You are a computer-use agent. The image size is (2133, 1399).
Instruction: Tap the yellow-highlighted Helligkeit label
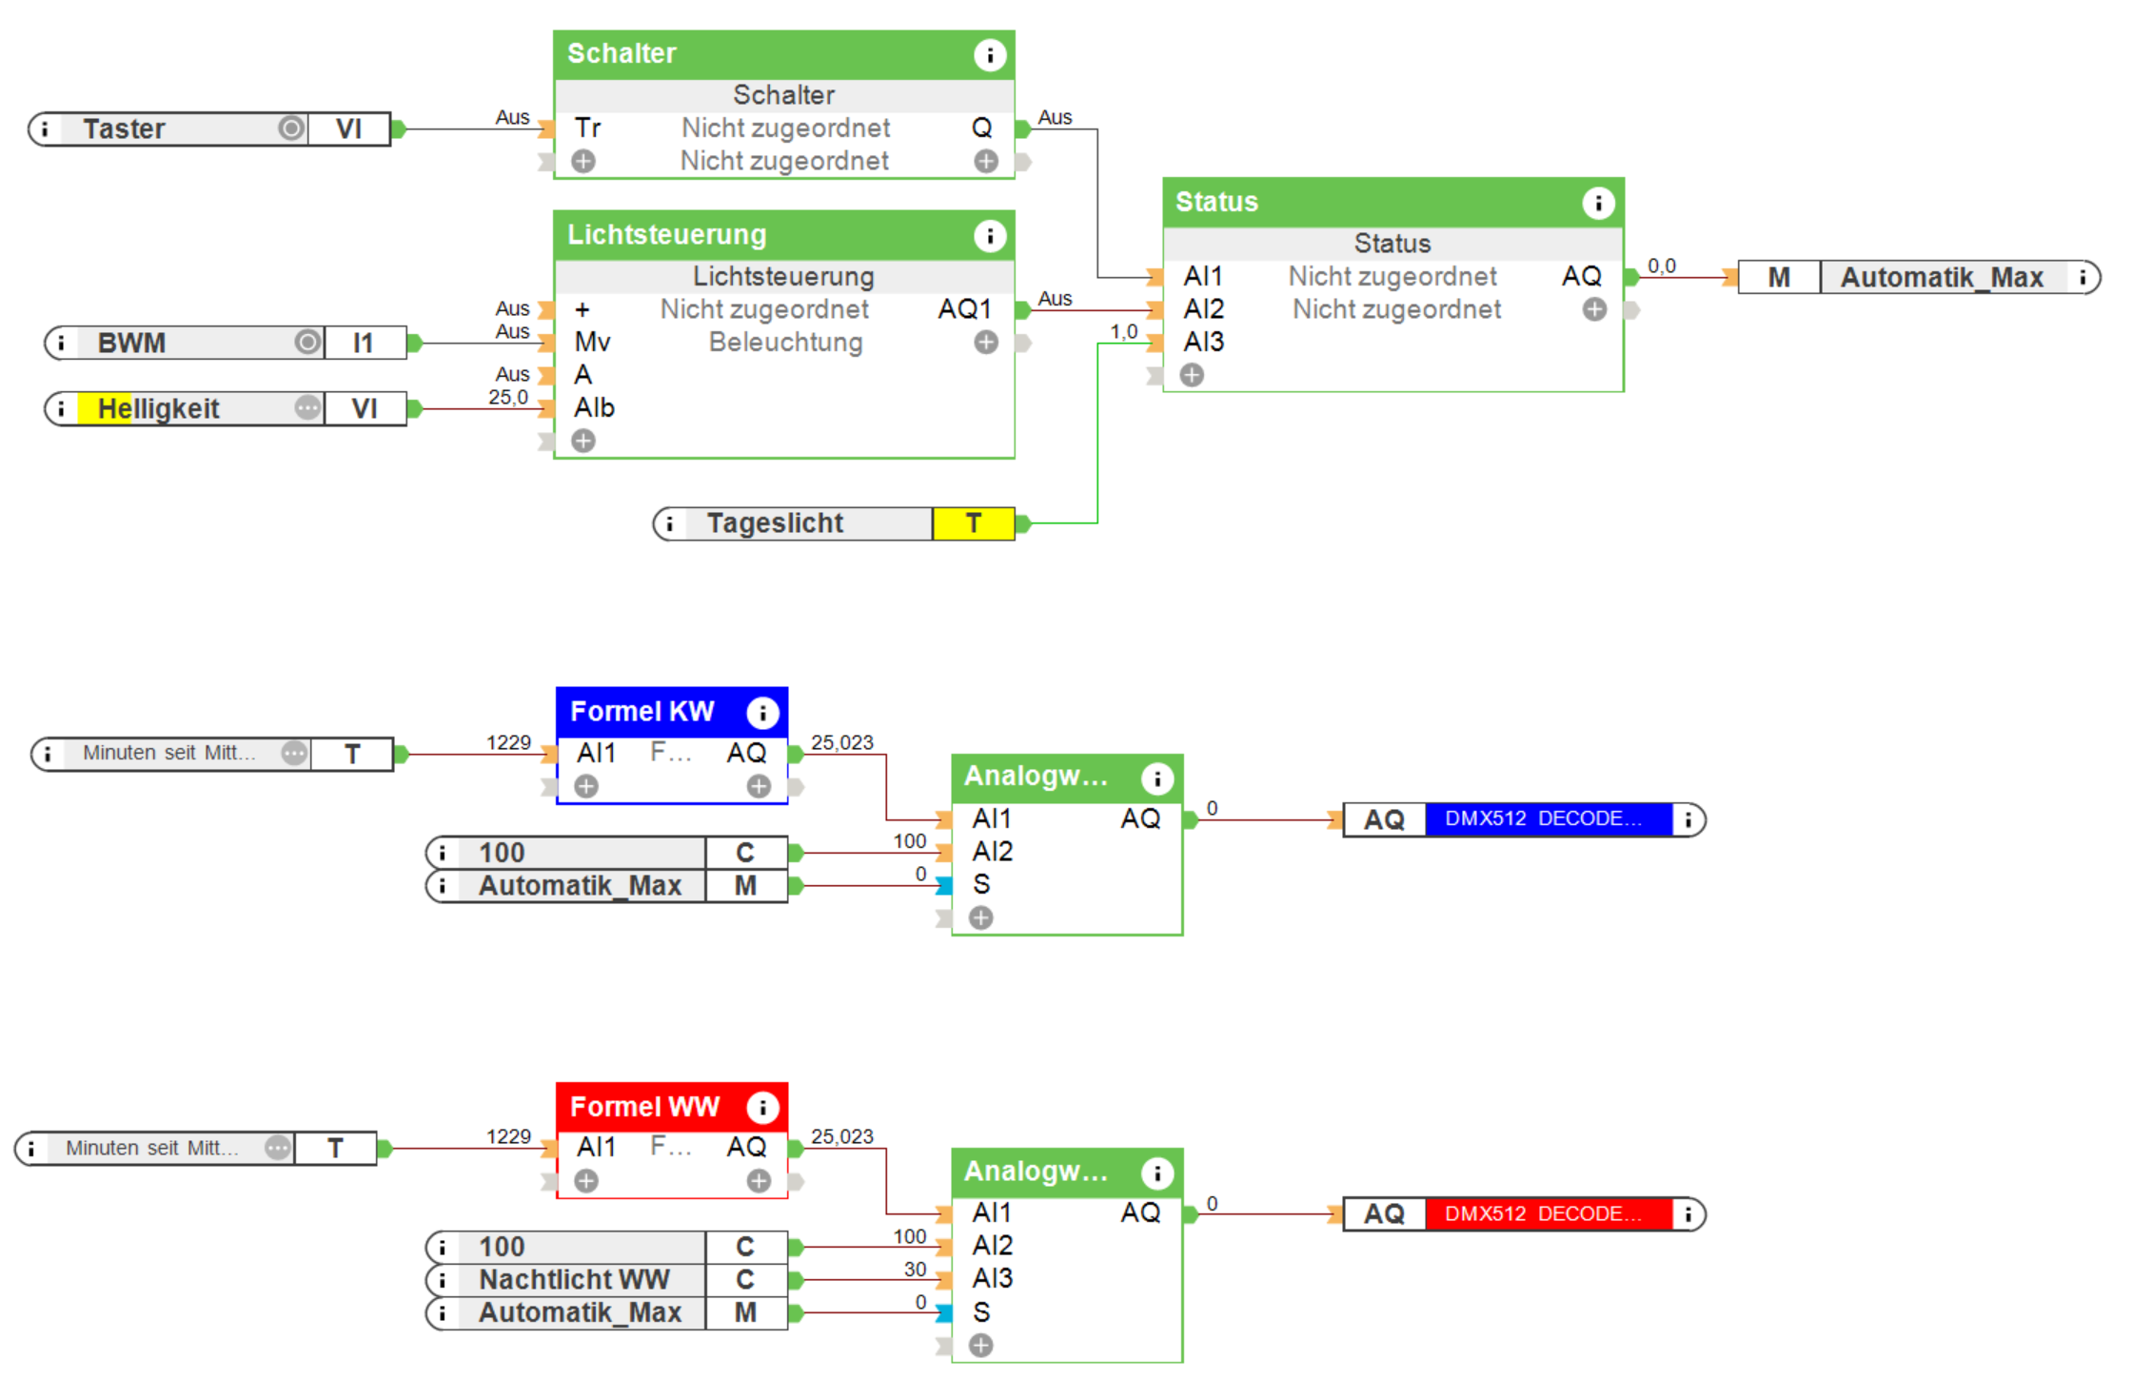coord(158,409)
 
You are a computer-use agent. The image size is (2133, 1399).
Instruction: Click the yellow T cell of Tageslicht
coord(973,523)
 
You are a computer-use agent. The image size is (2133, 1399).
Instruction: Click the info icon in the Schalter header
coord(990,55)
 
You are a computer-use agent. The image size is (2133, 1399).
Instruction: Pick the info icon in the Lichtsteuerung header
coord(990,235)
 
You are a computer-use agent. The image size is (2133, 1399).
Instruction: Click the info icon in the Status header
coord(1598,203)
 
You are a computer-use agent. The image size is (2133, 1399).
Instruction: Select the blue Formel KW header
coord(642,712)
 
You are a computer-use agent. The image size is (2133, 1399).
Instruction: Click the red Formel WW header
coord(644,1107)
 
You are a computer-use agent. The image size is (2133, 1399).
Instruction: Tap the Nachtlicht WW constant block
coord(574,1280)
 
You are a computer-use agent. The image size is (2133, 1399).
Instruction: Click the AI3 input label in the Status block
coord(1204,342)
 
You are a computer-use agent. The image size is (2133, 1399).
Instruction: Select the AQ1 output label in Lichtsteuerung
coord(964,309)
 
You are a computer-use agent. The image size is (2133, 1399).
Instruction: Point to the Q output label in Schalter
coord(981,128)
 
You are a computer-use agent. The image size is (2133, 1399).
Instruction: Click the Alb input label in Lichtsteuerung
coord(594,408)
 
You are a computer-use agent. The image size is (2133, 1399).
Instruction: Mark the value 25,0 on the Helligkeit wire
coord(508,397)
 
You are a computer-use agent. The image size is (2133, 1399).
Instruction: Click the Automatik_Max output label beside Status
coord(1942,278)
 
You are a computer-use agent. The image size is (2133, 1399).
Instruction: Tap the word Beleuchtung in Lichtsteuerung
coord(785,343)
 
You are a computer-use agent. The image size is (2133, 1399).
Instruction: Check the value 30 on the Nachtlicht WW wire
coord(915,1269)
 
